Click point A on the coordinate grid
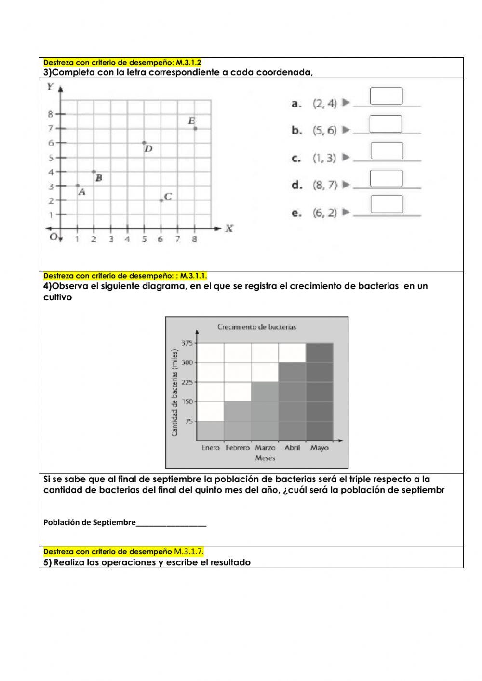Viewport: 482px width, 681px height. click(x=78, y=186)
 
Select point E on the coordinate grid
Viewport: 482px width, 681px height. click(x=195, y=128)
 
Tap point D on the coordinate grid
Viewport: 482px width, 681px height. click(x=144, y=143)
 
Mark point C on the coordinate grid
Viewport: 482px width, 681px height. click(x=161, y=200)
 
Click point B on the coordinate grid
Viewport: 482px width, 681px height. click(x=94, y=172)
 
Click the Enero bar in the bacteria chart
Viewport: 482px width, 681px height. click(x=210, y=430)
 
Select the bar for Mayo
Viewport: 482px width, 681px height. click(x=319, y=391)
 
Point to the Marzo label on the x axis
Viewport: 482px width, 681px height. click(x=265, y=448)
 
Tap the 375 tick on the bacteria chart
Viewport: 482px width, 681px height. click(x=187, y=343)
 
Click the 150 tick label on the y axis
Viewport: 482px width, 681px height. click(x=187, y=401)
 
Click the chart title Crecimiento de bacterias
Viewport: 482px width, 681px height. click(x=256, y=327)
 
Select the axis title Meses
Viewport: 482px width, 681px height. click(x=265, y=458)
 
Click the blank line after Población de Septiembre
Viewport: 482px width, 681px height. click(x=171, y=523)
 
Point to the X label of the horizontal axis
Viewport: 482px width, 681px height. click(x=229, y=228)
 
